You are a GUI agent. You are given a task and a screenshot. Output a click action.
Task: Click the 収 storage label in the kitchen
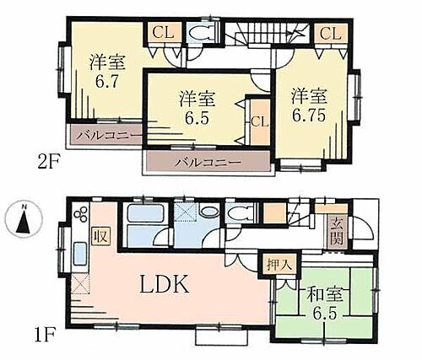coord(101,234)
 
